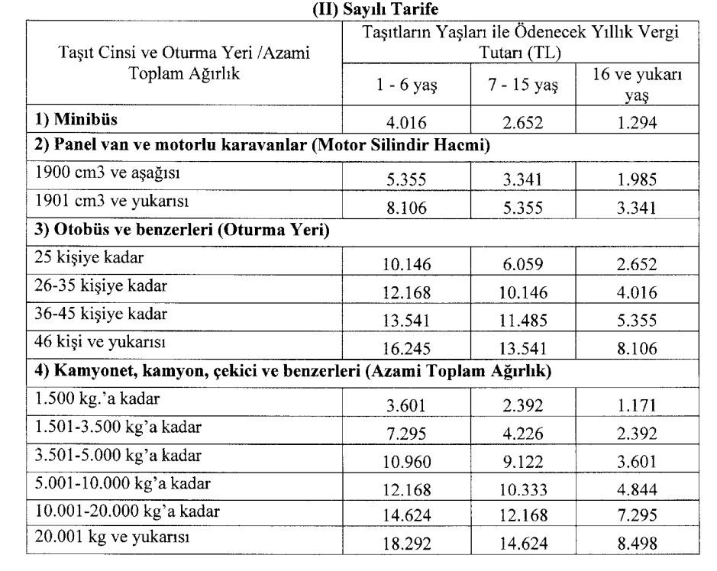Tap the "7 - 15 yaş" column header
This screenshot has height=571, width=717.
523,85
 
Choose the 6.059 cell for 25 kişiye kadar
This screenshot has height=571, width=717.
523,264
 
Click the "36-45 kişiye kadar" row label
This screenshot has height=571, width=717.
101,313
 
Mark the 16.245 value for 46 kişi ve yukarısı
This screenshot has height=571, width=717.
407,350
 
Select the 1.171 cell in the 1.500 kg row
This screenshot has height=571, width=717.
637,405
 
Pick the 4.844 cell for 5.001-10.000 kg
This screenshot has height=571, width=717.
637,489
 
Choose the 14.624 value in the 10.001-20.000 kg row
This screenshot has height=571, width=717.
407,517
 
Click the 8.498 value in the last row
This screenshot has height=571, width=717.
637,545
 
